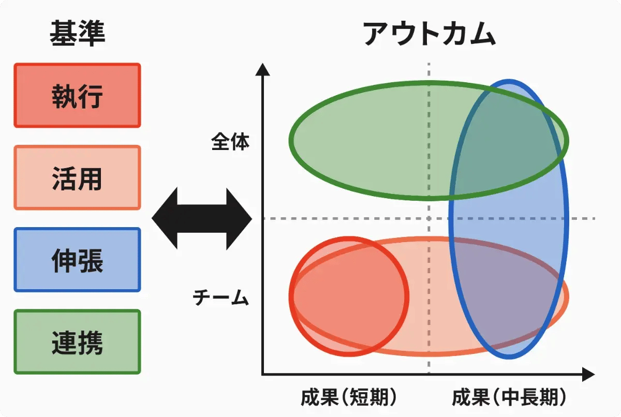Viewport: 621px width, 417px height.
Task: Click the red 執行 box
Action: pos(77,95)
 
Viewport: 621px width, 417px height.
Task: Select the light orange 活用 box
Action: pos(77,177)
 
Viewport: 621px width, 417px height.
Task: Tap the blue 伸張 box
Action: pos(77,260)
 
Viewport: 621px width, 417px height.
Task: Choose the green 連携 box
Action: pos(77,342)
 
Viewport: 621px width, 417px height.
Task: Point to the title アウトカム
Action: pos(429,34)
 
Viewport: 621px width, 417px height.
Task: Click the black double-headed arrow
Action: pos(202,219)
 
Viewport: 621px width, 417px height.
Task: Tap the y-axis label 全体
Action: pos(230,142)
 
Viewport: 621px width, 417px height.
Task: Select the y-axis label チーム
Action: pos(221,297)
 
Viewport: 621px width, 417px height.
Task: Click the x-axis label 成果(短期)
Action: pos(349,397)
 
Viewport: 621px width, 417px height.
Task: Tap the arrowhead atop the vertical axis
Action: pos(263,68)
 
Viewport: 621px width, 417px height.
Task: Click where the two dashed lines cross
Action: pos(429,218)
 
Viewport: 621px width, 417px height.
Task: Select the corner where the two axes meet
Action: pos(263,374)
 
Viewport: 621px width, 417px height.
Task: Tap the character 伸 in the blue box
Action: pos(64,260)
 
